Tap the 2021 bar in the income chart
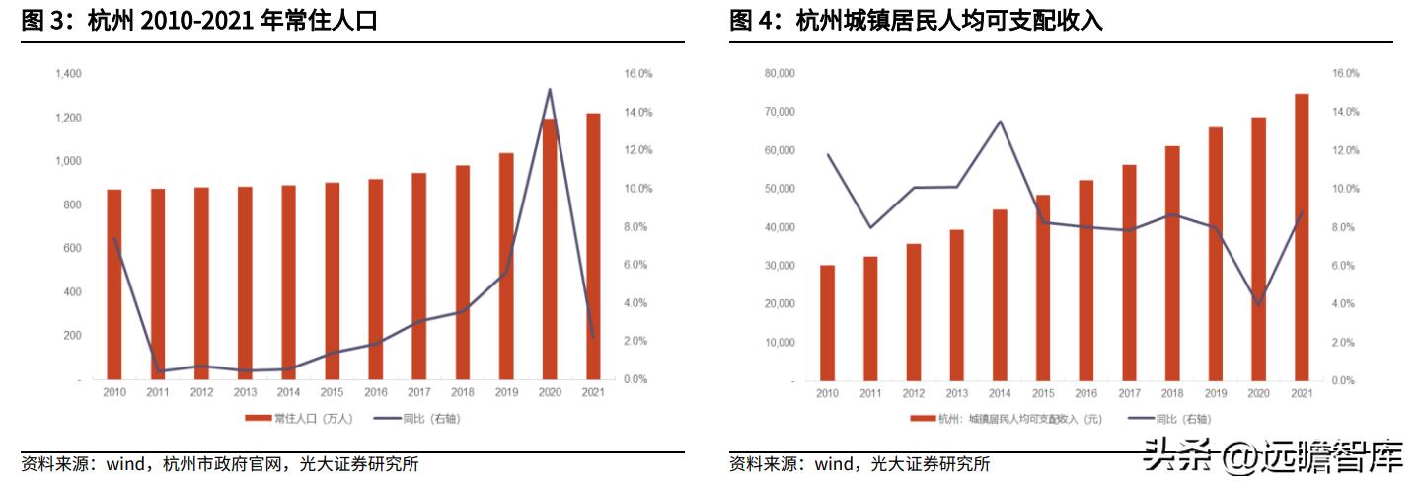[x=1302, y=237]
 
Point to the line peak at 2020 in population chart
[x=549, y=90]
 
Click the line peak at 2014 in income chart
[x=1000, y=122]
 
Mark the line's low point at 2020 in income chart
[x=1258, y=304]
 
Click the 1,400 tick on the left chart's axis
[x=68, y=74]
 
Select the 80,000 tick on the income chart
[x=779, y=74]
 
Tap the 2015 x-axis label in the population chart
[x=332, y=393]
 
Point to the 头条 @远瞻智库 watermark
[x=1272, y=457]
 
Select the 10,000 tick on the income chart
[x=779, y=343]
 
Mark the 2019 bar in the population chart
[x=505, y=266]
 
